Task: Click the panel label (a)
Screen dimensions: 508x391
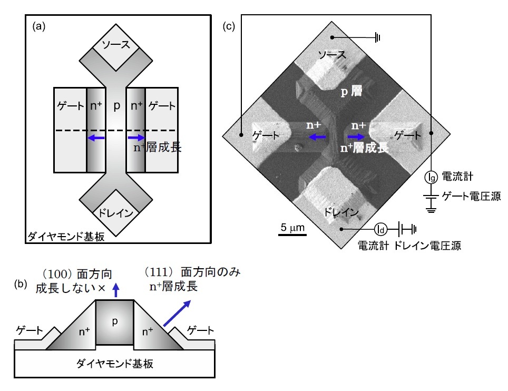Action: tap(39, 26)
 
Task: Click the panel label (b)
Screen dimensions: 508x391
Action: tap(21, 284)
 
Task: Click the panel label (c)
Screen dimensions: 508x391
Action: tap(229, 26)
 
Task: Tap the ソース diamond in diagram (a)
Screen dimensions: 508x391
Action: tap(116, 47)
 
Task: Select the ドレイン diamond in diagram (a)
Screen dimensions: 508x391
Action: tap(116, 212)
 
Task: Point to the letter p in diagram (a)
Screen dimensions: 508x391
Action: tap(116, 105)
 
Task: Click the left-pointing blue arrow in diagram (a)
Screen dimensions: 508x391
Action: tap(96, 138)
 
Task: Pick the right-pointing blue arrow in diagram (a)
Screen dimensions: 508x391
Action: tap(136, 138)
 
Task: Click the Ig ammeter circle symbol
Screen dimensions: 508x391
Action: tap(431, 177)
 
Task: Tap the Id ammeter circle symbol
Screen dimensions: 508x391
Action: tap(380, 229)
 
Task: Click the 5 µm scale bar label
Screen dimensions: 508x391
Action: tap(292, 228)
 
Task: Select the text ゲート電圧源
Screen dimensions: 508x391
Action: tap(472, 197)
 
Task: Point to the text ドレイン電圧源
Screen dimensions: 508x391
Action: tap(427, 246)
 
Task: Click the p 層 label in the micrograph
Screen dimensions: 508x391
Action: tap(351, 92)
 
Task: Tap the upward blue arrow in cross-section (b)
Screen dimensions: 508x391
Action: tap(115, 290)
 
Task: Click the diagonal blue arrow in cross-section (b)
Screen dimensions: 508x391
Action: tap(177, 313)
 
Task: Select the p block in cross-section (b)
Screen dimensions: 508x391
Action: tap(115, 322)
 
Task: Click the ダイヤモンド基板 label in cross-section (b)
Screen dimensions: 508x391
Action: tap(115, 364)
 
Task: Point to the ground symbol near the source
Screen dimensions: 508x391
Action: tap(377, 37)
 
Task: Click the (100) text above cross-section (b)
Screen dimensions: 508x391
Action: tap(57, 275)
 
